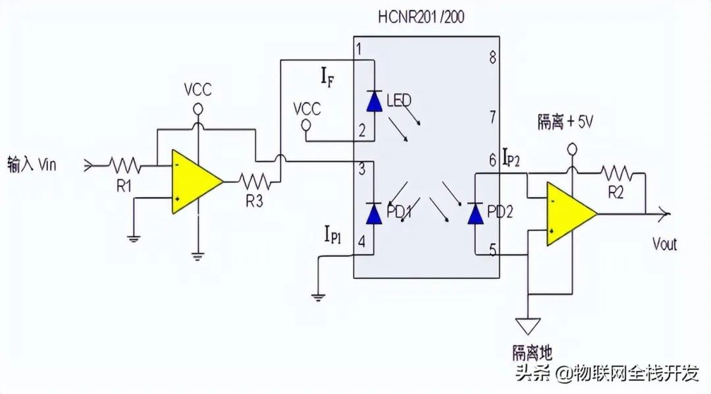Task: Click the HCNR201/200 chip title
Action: pyautogui.click(x=421, y=16)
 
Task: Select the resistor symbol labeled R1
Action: pyautogui.click(x=124, y=165)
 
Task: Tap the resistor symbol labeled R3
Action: pyautogui.click(x=255, y=181)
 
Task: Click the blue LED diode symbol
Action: pyautogui.click(x=375, y=101)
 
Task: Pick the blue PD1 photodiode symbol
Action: pyautogui.click(x=374, y=213)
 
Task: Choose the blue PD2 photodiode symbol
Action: pyautogui.click(x=475, y=213)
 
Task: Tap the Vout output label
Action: pyautogui.click(x=665, y=244)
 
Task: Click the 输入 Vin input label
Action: pyautogui.click(x=32, y=164)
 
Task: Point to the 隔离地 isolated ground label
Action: pyautogui.click(x=533, y=352)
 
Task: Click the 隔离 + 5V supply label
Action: pyautogui.click(x=566, y=122)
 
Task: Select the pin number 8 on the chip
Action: pyautogui.click(x=492, y=57)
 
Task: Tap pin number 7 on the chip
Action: pyautogui.click(x=492, y=117)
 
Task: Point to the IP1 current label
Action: pyautogui.click(x=333, y=234)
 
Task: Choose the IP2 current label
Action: pyautogui.click(x=512, y=157)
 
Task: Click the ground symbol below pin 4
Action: pyautogui.click(x=319, y=297)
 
